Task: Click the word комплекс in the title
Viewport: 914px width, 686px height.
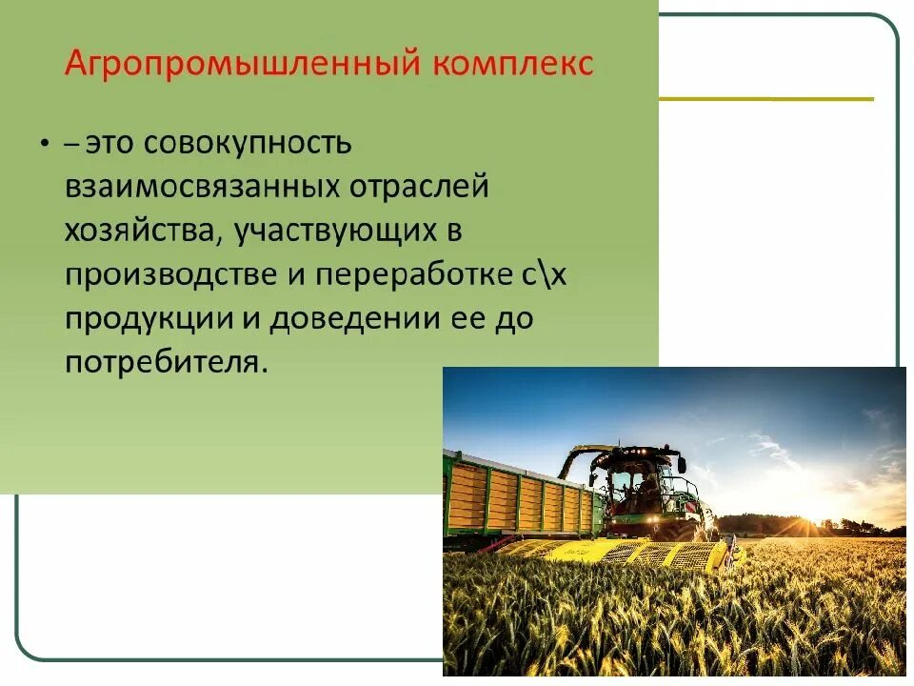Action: (513, 65)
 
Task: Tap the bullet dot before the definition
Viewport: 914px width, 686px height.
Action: (44, 143)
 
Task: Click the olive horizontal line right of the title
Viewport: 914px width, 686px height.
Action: (765, 98)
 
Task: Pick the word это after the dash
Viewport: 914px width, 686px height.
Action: (109, 143)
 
